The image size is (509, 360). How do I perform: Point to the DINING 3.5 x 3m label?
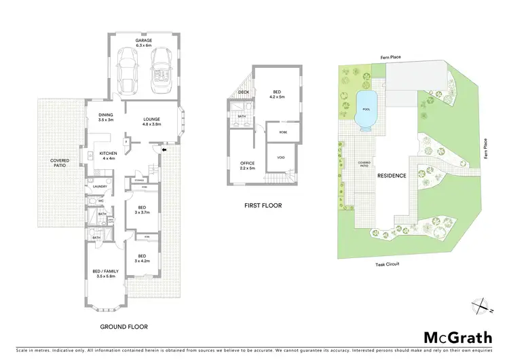click(105, 117)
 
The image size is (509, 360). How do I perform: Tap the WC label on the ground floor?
click(100, 201)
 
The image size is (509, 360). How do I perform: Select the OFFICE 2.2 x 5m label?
click(246, 166)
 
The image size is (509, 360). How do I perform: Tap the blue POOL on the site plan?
click(367, 109)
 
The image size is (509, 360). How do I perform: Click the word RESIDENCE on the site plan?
click(392, 175)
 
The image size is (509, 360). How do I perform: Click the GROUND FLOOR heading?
click(124, 308)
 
